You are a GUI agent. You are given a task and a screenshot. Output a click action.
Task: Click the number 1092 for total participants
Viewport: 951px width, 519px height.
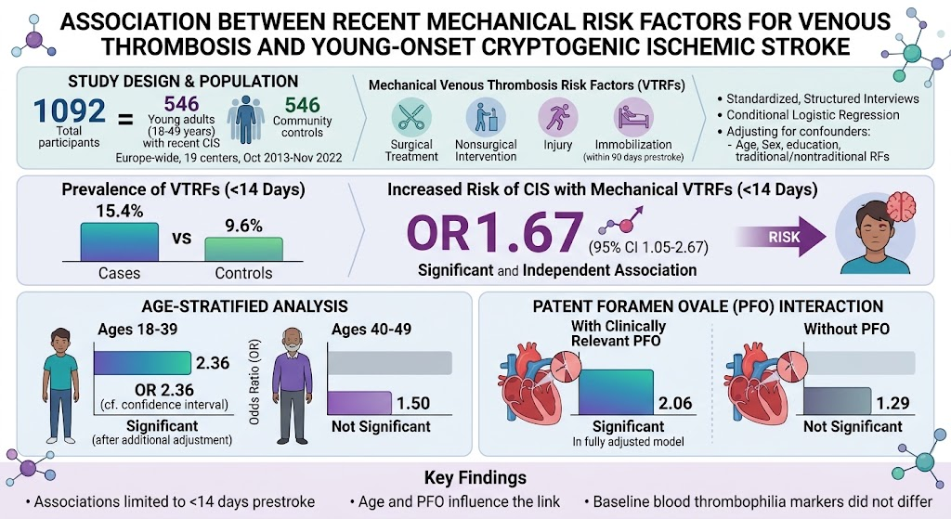tap(70, 110)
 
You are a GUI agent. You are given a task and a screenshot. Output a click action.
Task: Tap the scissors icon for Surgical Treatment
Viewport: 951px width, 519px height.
tap(411, 117)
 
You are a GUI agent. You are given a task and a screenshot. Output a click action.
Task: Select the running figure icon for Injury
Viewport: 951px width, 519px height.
tap(557, 117)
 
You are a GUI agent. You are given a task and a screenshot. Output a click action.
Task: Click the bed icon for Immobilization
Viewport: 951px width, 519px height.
tap(633, 117)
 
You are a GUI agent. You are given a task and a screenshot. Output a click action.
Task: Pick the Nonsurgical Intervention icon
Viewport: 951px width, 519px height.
tap(485, 117)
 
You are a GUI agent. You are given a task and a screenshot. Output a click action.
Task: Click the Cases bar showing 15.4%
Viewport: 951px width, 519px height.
tap(120, 242)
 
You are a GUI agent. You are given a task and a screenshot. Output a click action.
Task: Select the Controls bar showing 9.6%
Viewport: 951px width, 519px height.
tap(244, 249)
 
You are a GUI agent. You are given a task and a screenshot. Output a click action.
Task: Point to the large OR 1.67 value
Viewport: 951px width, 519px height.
tap(495, 232)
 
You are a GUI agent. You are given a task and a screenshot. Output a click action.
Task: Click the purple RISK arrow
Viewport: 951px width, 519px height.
tap(780, 237)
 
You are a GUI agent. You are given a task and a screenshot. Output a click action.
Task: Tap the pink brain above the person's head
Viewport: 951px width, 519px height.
tap(901, 205)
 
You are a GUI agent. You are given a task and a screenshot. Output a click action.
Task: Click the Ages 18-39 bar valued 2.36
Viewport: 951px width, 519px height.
tap(142, 363)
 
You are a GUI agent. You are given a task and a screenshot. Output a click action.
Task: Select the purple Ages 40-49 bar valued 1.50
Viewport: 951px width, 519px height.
tap(359, 403)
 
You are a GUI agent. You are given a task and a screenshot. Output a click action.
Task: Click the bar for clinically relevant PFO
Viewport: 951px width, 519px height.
tap(617, 393)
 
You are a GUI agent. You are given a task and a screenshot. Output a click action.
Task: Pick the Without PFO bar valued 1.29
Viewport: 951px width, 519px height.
tap(838, 401)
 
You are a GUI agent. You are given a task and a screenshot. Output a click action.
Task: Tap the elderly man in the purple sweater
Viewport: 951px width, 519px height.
tap(292, 385)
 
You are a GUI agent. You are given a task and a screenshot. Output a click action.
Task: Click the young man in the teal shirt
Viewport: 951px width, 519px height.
tap(60, 385)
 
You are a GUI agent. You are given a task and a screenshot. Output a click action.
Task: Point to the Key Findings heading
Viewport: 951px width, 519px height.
tap(475, 478)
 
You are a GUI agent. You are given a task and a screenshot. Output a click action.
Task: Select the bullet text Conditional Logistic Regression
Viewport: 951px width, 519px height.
tap(813, 114)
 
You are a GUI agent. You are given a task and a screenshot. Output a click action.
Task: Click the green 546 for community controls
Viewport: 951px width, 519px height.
tap(302, 105)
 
